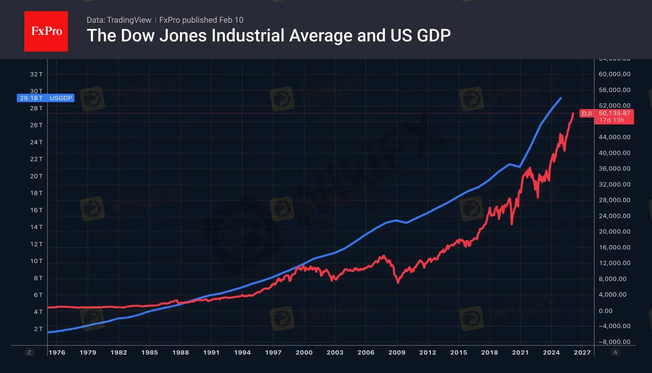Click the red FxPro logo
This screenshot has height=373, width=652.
point(46,31)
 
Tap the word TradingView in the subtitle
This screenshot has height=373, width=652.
point(129,20)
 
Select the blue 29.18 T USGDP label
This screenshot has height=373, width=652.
point(46,98)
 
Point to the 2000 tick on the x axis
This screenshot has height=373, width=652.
point(304,352)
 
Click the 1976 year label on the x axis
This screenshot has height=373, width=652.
point(57,352)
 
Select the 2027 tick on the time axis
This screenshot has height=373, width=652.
point(582,352)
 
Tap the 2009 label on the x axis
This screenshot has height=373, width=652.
point(397,352)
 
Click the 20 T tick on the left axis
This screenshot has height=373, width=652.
point(36,176)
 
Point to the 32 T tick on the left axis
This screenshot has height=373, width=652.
point(36,74)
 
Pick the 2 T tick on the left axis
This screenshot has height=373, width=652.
point(38,329)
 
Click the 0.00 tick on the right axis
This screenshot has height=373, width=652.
point(606,311)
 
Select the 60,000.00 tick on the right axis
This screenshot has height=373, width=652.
point(614,74)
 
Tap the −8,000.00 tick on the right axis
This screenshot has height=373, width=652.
point(614,342)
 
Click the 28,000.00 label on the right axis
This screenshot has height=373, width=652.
point(614,200)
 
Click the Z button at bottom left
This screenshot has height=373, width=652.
point(29,352)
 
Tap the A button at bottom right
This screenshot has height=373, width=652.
point(615,352)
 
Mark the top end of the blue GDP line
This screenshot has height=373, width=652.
point(561,98)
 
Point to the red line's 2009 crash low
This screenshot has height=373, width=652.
point(398,282)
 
